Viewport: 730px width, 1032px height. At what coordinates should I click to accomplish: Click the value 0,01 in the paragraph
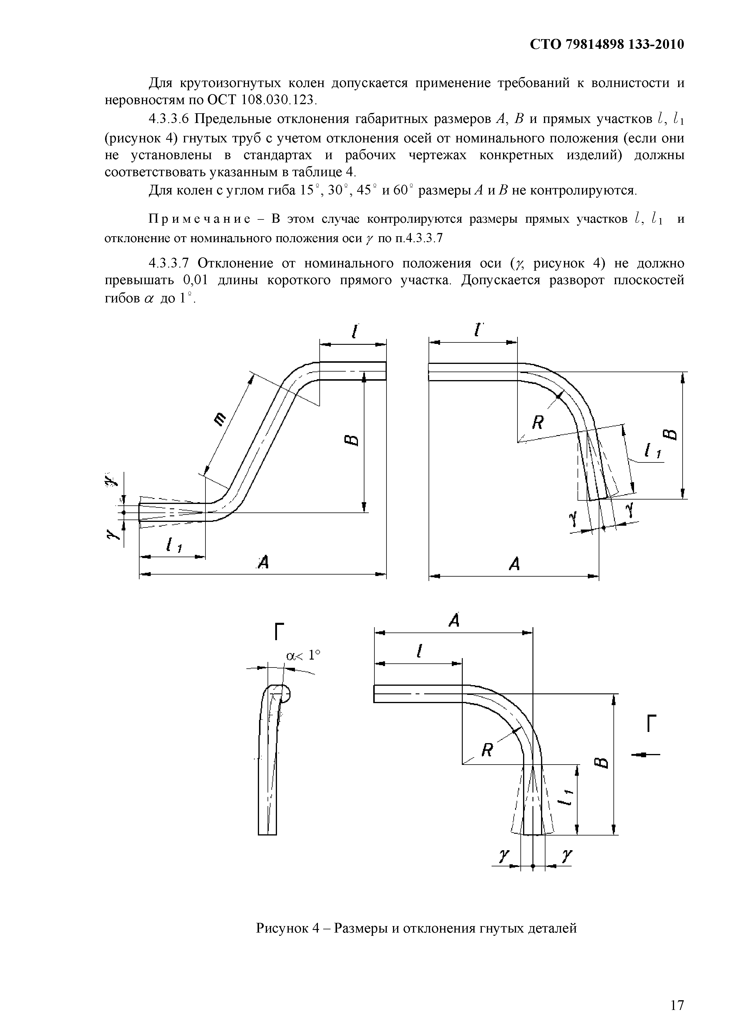pyautogui.click(x=196, y=280)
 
